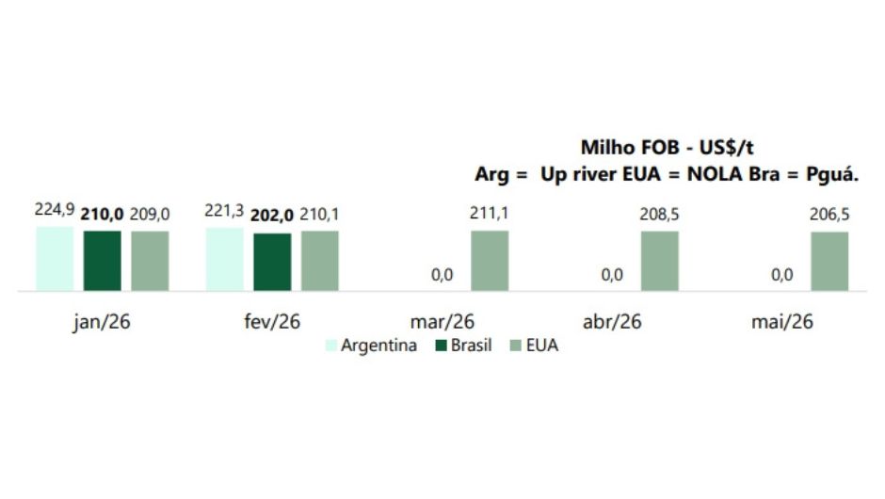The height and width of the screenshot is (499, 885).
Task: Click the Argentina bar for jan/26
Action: pyautogui.click(x=55, y=259)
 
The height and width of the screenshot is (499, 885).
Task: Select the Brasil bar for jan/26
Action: pyautogui.click(x=103, y=261)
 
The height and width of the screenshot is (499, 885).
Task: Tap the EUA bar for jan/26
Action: pyautogui.click(x=150, y=261)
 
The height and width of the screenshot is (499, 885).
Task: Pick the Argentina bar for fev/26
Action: pyautogui.click(x=224, y=260)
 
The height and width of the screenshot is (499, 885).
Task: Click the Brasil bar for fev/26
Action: pyautogui.click(x=272, y=262)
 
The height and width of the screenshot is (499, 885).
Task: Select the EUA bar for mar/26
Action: pyautogui.click(x=490, y=261)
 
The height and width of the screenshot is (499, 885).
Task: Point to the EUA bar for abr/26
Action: pyautogui.click(x=659, y=261)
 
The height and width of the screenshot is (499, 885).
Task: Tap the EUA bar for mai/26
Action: pyautogui.click(x=829, y=262)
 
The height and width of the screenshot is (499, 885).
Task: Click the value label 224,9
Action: pyautogui.click(x=55, y=210)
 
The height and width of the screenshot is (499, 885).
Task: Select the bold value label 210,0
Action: pyautogui.click(x=103, y=215)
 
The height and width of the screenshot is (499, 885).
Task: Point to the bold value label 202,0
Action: pyautogui.click(x=272, y=215)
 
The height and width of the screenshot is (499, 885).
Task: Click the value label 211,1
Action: pyautogui.click(x=490, y=214)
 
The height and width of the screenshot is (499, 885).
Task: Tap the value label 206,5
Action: pyautogui.click(x=829, y=215)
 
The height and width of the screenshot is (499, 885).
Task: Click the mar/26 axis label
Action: pyautogui.click(x=442, y=321)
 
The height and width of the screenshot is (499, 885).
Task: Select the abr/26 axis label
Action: pyautogui.click(x=612, y=321)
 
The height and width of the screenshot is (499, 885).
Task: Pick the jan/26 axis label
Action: pyautogui.click(x=102, y=321)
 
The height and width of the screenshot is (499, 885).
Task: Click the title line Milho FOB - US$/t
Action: pyautogui.click(x=668, y=148)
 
